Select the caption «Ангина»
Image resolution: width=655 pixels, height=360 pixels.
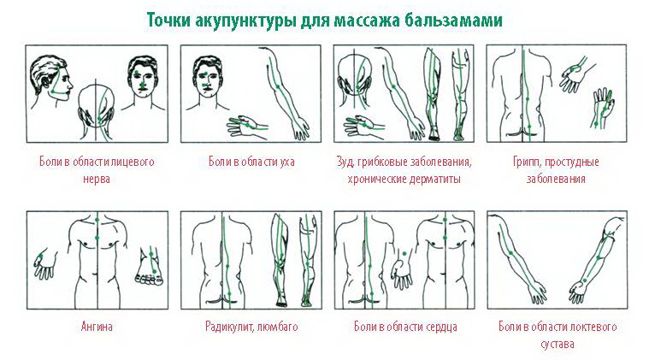(x=97, y=326)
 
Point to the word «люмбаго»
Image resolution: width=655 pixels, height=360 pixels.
(x=277, y=326)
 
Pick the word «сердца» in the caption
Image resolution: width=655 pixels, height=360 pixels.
(x=441, y=327)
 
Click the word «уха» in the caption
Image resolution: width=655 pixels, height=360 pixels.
(x=286, y=162)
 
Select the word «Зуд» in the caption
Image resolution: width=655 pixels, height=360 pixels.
(x=345, y=162)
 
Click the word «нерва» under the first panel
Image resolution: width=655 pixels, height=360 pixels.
(x=97, y=180)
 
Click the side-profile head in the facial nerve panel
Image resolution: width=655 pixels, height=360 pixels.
(x=51, y=80)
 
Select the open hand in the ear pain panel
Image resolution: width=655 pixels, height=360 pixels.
(x=247, y=125)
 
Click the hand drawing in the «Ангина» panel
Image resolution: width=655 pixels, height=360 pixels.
(x=45, y=263)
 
